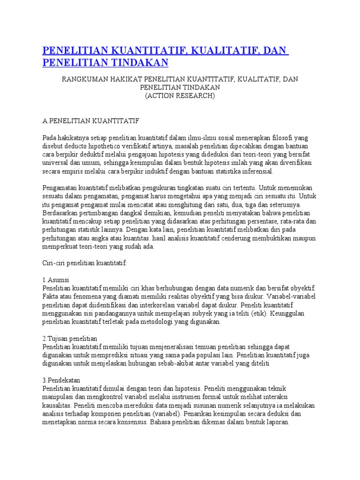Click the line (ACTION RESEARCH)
click(x=180, y=95)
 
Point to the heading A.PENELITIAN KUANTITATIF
click(x=90, y=120)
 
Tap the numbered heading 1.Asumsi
click(x=57, y=280)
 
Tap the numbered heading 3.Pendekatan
click(x=61, y=380)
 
